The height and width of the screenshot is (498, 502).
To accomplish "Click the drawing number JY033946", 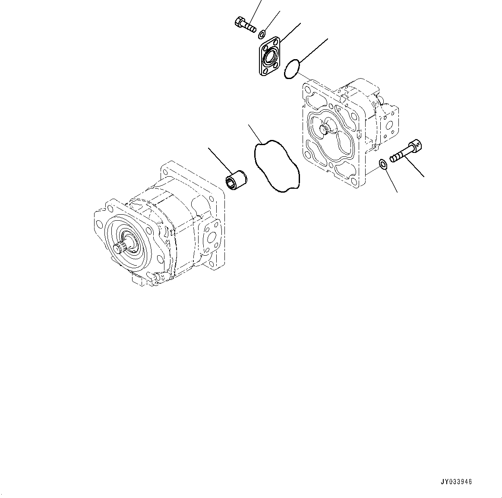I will [x=457, y=482].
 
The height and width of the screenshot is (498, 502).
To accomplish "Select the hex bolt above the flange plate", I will [x=245, y=24].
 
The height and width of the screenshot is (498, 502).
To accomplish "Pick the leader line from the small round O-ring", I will [x=313, y=51].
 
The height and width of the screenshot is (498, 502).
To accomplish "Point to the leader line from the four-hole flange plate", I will [x=290, y=32].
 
